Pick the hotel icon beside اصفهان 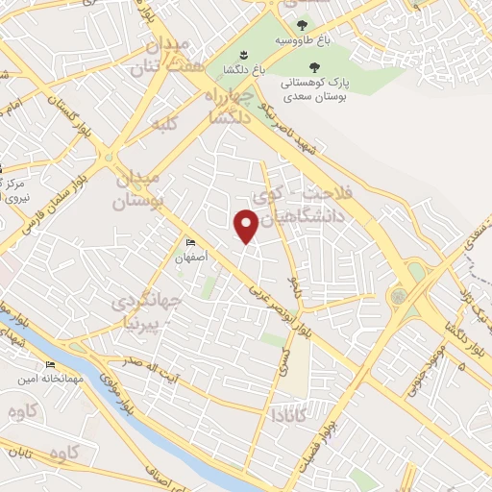[x=190, y=243]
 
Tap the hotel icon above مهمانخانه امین [x=50, y=365]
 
